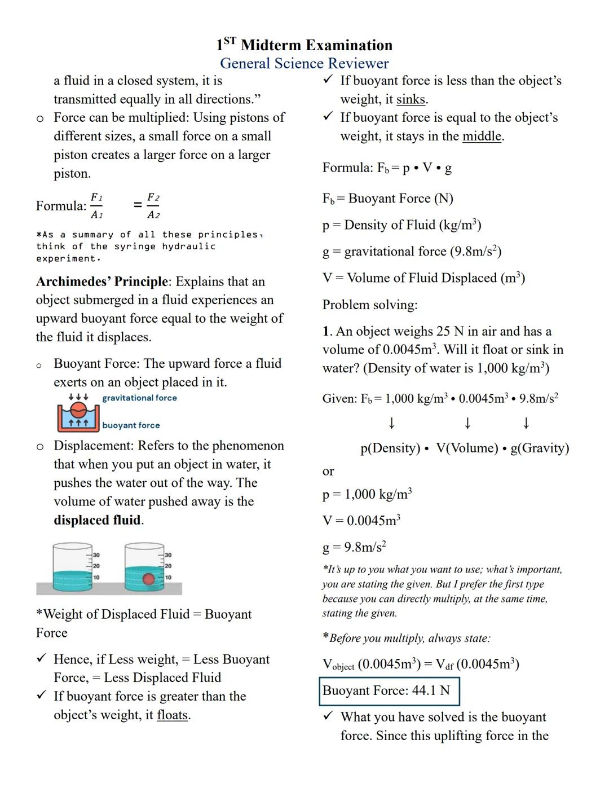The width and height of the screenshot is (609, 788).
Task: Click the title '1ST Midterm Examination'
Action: (304, 45)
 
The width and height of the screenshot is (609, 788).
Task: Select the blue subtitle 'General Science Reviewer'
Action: (304, 63)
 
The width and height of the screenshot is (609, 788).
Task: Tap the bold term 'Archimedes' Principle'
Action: (102, 281)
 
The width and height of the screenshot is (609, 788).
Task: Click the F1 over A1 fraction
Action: (97, 205)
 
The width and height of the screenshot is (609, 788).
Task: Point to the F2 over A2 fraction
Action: (153, 205)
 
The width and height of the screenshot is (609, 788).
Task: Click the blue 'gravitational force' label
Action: (139, 398)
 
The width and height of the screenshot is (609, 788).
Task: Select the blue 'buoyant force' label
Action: (131, 425)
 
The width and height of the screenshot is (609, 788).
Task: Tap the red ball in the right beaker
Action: (148, 579)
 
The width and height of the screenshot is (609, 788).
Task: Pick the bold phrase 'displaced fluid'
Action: (97, 520)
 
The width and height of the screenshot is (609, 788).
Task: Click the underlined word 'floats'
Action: (172, 715)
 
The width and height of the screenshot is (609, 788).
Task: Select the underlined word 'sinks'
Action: (411, 100)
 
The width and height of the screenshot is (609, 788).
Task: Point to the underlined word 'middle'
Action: (482, 137)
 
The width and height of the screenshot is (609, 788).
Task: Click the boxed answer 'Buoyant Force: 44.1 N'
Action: (389, 691)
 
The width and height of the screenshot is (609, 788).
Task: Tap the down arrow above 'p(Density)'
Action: (391, 423)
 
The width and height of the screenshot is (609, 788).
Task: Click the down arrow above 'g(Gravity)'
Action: (526, 423)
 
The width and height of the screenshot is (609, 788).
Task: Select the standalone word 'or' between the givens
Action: (328, 472)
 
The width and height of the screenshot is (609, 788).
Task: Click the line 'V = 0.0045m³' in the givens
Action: (361, 521)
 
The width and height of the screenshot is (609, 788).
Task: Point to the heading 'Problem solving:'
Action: (370, 305)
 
